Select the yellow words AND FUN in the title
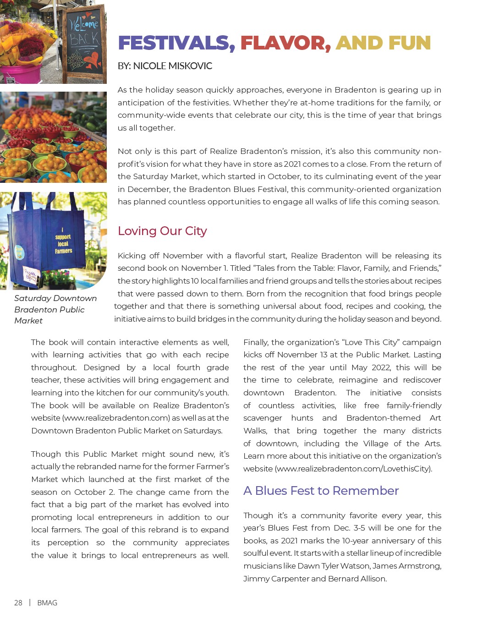coord(383,43)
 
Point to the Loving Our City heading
coord(162,231)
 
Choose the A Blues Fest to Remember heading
coord(321,491)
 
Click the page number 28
coord(18,603)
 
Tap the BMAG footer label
coord(47,603)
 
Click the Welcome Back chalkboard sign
coord(84,44)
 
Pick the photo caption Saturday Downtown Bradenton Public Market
coord(55,309)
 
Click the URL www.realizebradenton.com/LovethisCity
coord(353,469)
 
